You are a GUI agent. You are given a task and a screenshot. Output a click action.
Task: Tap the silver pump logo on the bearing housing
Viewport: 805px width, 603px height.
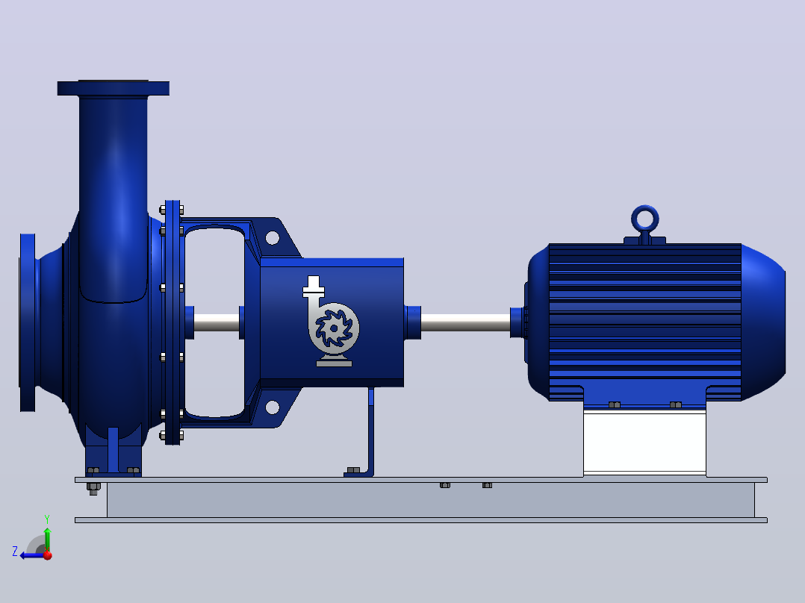coord(332,322)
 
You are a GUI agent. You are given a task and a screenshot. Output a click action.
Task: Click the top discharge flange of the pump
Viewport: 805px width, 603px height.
coord(113,88)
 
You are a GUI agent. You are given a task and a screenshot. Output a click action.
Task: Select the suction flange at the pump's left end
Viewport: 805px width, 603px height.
coord(27,322)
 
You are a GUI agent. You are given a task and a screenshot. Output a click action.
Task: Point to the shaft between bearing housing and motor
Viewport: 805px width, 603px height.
coord(466,322)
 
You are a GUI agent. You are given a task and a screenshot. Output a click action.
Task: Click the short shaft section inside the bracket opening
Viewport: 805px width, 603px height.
coord(216,322)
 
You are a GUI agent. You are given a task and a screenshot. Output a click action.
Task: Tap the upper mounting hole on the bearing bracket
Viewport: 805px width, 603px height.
coord(272,237)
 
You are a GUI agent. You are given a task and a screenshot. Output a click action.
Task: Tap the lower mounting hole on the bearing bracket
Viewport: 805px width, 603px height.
coord(272,407)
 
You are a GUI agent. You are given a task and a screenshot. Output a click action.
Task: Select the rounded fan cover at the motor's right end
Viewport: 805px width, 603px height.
coord(763,322)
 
